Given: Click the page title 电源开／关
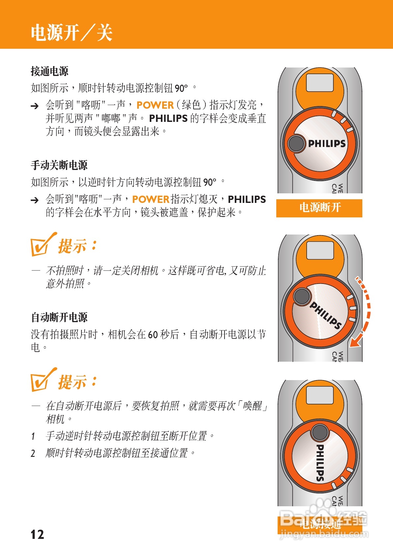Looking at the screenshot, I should click(x=72, y=33).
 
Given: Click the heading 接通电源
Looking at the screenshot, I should click(x=49, y=71).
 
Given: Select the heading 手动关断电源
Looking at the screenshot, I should click(x=59, y=165).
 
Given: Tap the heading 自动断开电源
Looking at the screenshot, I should click(x=59, y=317).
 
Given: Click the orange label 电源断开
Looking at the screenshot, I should click(x=319, y=208).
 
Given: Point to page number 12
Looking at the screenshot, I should click(x=37, y=534).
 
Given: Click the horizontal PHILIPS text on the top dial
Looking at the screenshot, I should click(x=326, y=144).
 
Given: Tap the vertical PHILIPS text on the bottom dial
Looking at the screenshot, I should click(x=320, y=462).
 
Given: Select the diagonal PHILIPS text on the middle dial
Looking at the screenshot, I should click(x=325, y=315).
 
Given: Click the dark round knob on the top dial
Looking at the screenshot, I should click(x=296, y=143).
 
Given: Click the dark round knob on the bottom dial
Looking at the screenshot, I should click(x=319, y=432).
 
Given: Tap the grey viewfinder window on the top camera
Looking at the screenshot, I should click(x=319, y=82).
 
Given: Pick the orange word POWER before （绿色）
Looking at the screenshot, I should click(x=155, y=105).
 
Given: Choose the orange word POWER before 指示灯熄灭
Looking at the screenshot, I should click(x=150, y=199).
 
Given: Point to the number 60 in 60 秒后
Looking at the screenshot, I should click(x=153, y=335).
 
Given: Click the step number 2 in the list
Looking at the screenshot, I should click(x=33, y=454).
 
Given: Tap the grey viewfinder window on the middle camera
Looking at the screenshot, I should click(x=320, y=250).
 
